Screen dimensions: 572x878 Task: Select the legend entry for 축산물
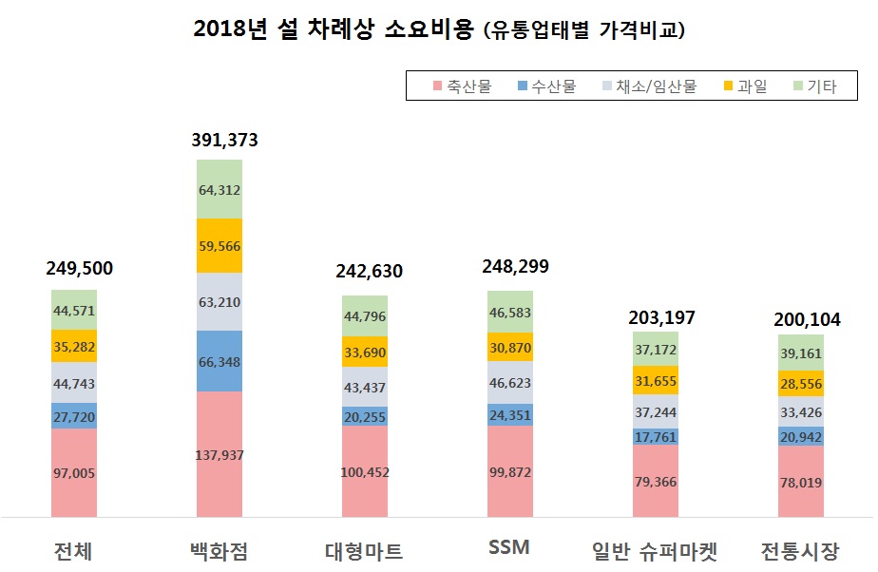[463, 86]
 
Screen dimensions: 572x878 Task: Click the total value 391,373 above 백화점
[219, 141]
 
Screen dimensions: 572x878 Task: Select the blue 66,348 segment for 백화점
[219, 361]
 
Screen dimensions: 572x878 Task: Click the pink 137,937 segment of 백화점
[219, 455]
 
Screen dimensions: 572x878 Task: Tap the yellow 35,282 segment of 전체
[74, 346]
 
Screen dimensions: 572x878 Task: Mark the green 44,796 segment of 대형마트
[365, 316]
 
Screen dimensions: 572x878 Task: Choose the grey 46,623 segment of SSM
[510, 383]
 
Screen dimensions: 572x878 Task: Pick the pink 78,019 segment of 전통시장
[800, 481]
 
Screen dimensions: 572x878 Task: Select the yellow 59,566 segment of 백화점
[219, 246]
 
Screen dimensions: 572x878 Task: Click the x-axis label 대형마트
[364, 550]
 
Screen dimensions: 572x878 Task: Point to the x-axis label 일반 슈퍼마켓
[655, 550]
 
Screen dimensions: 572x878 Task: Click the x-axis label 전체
[73, 550]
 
